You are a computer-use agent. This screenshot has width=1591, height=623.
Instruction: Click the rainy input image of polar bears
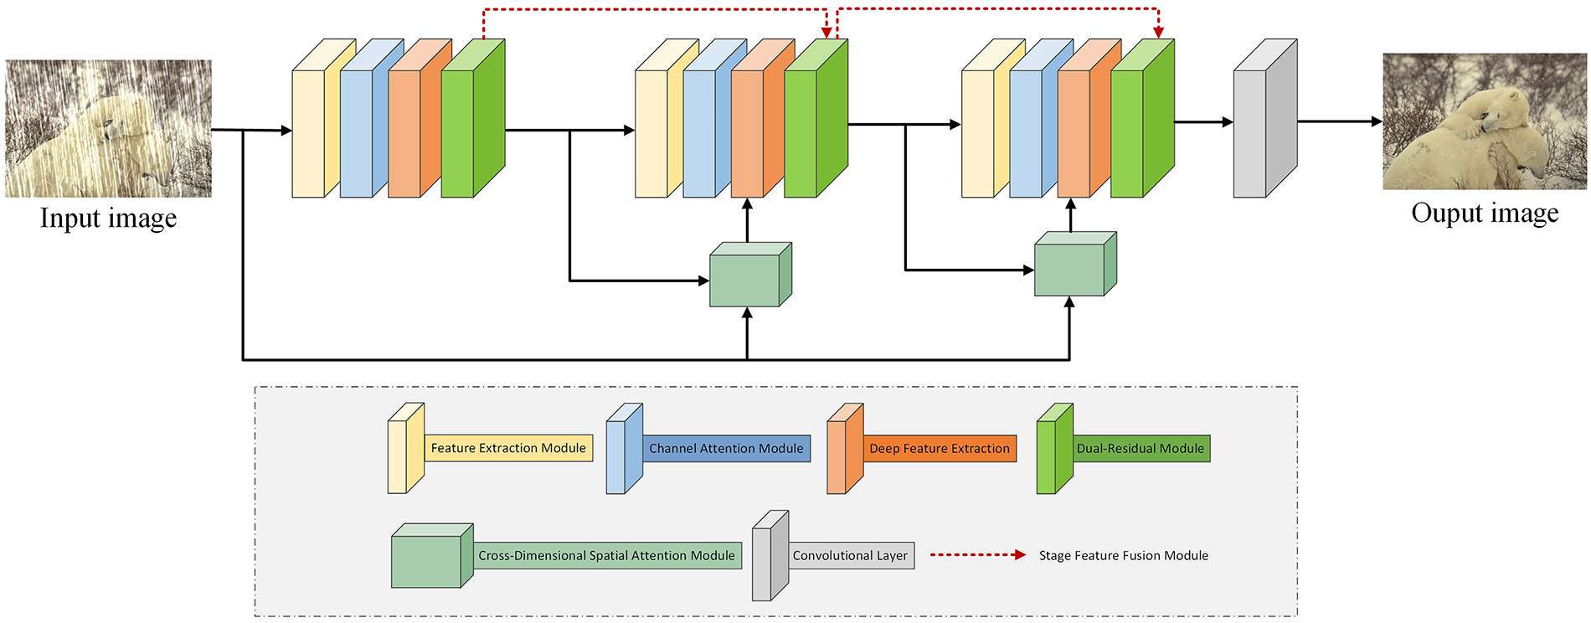[108, 128]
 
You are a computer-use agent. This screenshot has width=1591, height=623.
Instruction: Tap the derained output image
[1485, 121]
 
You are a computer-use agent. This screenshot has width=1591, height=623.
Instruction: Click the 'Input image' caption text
[109, 218]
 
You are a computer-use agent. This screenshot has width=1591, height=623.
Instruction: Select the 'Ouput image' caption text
[1485, 213]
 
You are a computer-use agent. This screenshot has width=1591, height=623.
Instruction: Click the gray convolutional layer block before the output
[1265, 118]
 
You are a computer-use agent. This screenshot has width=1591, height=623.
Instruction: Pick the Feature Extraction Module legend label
[508, 448]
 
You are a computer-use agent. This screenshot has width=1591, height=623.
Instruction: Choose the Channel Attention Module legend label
[726, 448]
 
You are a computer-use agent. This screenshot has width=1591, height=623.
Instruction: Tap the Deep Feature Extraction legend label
[940, 448]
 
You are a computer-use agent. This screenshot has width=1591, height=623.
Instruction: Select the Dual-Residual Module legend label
[1140, 448]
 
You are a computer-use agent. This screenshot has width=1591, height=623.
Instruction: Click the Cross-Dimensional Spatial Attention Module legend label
[606, 555]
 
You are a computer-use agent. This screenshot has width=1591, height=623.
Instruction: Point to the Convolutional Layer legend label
[850, 555]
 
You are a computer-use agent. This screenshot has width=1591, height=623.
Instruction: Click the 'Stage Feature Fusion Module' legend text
[1124, 555]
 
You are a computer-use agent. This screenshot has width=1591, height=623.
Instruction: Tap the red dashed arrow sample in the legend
[978, 554]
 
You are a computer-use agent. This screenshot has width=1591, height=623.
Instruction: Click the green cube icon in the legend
[432, 555]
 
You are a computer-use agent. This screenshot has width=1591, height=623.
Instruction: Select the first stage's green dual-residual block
[473, 118]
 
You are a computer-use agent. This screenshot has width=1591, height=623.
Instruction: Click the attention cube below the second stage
[750, 275]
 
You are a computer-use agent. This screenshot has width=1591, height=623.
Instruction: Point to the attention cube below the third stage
[1075, 264]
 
